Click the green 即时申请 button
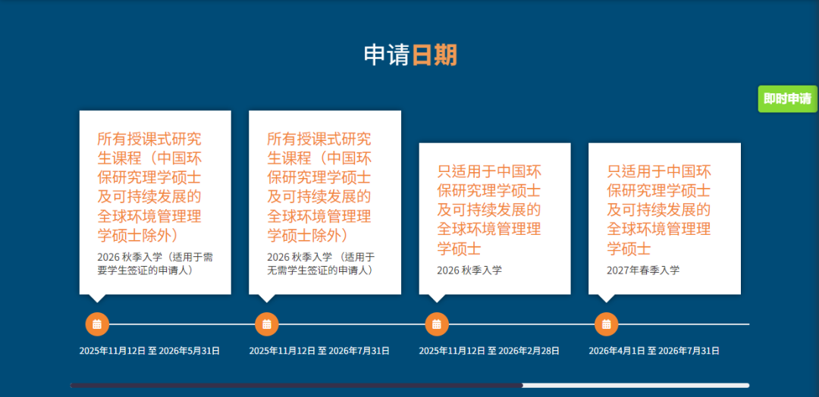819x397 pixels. click(x=787, y=99)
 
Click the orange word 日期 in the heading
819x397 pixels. click(x=435, y=55)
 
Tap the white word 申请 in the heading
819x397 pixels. click(x=387, y=55)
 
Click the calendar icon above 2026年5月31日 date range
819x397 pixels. click(x=97, y=324)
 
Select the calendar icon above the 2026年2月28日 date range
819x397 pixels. click(x=437, y=324)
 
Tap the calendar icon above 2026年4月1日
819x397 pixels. click(x=607, y=324)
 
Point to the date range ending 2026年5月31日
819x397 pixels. click(x=149, y=351)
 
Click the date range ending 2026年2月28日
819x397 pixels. click(x=489, y=351)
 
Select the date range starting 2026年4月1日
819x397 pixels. click(x=654, y=351)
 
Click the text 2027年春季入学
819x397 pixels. click(x=643, y=270)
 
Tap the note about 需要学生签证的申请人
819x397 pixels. click(x=155, y=264)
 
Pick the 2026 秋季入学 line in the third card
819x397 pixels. click(x=469, y=270)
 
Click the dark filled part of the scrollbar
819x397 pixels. click(x=296, y=386)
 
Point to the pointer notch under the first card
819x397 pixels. click(x=97, y=298)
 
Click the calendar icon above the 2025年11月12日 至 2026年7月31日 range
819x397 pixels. click(x=267, y=324)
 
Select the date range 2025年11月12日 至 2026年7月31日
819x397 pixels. click(x=319, y=351)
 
